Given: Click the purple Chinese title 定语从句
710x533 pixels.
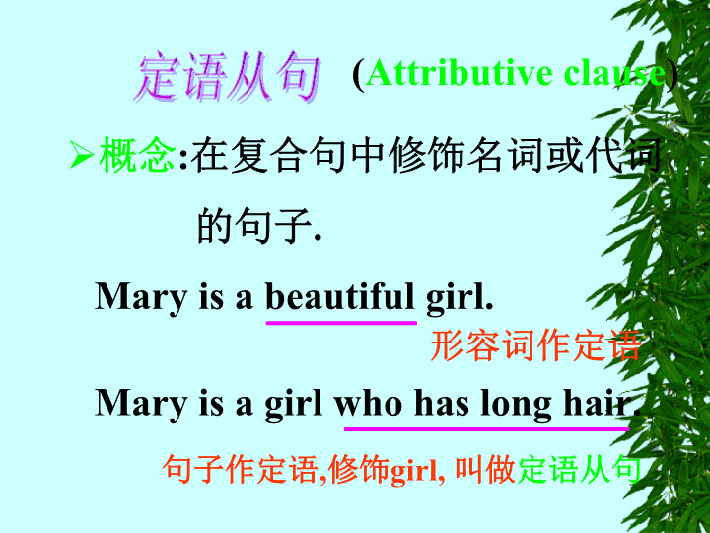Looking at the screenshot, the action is [228, 76].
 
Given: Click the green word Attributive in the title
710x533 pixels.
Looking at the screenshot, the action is [459, 72].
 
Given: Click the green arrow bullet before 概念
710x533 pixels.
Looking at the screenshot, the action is [82, 155].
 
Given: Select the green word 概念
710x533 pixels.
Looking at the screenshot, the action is [137, 155].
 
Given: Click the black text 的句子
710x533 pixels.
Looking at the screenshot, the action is [259, 225].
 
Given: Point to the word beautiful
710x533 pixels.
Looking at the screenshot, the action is [340, 296].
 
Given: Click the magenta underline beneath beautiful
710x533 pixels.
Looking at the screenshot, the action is [341, 323].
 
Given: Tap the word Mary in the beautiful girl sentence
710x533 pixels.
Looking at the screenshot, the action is [141, 298].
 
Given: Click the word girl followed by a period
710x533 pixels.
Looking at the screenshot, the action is [460, 298].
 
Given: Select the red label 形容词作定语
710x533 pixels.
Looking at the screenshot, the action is [535, 345].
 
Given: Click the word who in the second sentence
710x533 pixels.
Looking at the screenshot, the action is [369, 403].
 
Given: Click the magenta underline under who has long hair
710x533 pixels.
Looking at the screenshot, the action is [487, 428].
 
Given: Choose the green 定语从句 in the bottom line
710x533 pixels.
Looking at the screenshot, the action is [579, 469].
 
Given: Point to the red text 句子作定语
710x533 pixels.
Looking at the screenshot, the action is [241, 469].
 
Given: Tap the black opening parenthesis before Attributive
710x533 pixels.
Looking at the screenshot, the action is [358, 74].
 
